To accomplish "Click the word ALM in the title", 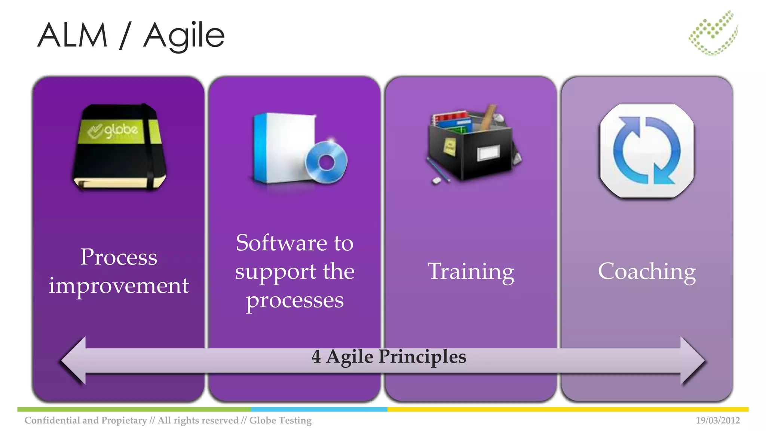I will tap(73, 35).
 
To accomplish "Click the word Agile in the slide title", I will tap(184, 36).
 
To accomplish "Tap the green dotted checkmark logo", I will tap(713, 33).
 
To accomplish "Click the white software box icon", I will tap(284, 148).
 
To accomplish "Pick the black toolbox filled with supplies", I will tap(472, 146).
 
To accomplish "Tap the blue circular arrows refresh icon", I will tap(647, 151).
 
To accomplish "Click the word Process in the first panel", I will tap(119, 257).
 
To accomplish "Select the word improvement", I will tap(119, 286).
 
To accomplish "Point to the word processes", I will tap(295, 300).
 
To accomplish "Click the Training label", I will tap(471, 272).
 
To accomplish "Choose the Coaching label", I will tap(647, 272).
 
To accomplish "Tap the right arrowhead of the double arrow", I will tap(692, 361).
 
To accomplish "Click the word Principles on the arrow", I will tap(422, 357).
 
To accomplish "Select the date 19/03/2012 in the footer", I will tap(717, 421).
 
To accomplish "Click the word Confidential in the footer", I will tap(52, 421).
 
